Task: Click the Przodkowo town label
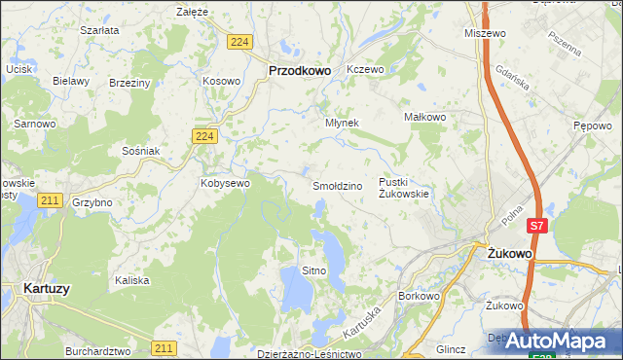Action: [x=299, y=70]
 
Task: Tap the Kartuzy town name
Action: [x=45, y=288]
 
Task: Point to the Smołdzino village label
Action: [x=337, y=185]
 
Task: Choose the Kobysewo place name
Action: [x=225, y=182]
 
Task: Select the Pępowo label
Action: [x=592, y=126]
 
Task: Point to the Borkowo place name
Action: [x=421, y=295]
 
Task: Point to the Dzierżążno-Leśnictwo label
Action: [x=309, y=354]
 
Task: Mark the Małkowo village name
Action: [x=424, y=117]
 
